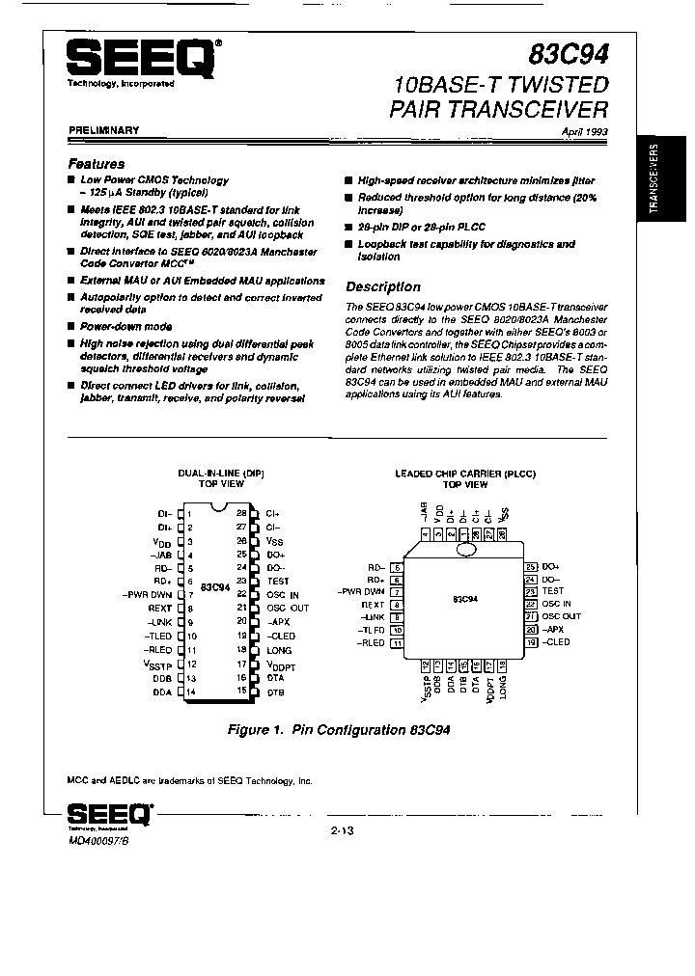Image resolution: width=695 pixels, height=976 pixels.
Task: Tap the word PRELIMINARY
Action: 103,129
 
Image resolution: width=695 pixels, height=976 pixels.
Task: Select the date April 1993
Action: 584,131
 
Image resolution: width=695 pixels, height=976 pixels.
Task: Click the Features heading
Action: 96,164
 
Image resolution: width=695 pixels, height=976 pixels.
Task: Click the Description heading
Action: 382,286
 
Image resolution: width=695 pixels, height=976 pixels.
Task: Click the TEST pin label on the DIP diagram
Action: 278,582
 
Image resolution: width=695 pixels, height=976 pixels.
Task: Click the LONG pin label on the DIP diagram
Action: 278,651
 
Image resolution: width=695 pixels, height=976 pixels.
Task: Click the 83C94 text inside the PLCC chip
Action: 465,599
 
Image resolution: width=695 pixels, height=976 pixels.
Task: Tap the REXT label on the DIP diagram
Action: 159,610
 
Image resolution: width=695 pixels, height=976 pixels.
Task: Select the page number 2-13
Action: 344,828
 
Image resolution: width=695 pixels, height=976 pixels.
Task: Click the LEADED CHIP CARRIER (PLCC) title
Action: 464,474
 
